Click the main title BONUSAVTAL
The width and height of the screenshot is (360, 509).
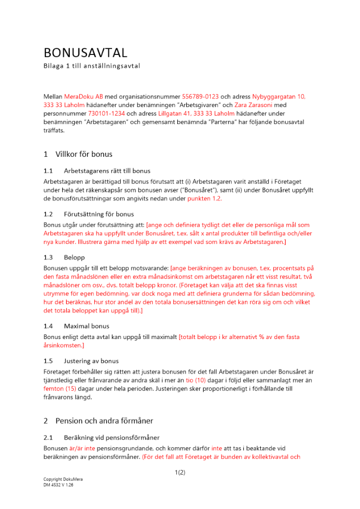tap(86, 53)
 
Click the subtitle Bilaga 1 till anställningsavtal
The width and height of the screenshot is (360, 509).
tap(92, 66)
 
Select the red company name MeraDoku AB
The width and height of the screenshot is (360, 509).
tap(84, 96)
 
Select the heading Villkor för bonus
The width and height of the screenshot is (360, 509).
tap(84, 154)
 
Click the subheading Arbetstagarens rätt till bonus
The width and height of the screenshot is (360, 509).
tap(107, 171)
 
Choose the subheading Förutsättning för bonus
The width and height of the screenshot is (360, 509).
tap(99, 214)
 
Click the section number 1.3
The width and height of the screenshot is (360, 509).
tap(48, 258)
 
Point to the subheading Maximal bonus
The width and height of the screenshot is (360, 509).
tap(87, 326)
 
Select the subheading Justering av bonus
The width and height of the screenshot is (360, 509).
tap(91, 361)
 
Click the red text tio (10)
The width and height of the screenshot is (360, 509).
tap(196, 379)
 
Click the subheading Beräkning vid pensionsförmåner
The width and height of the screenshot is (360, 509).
tap(112, 437)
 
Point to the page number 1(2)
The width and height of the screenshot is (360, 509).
tap(180, 473)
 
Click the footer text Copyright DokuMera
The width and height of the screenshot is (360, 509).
tap(63, 479)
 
